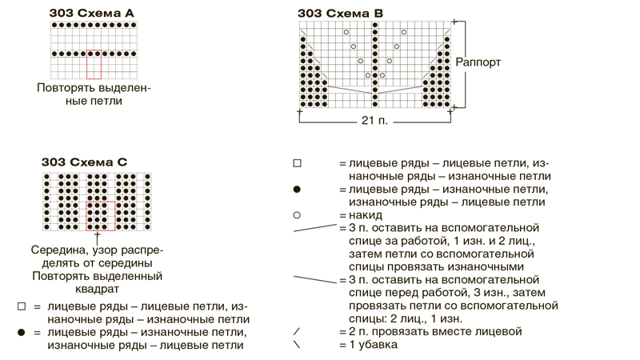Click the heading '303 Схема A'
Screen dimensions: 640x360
click(x=91, y=13)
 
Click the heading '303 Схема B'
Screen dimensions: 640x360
click(x=341, y=14)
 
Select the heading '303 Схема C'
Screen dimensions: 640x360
click(x=84, y=162)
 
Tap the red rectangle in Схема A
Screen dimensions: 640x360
click(x=94, y=65)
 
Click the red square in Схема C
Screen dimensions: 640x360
click(x=101, y=216)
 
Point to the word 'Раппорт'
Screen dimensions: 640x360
click(x=478, y=62)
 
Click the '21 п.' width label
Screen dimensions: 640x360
click(x=374, y=121)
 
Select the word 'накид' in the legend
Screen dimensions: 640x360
click(x=366, y=215)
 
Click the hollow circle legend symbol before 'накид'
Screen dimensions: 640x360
click(x=297, y=215)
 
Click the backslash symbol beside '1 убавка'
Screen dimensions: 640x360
click(x=297, y=344)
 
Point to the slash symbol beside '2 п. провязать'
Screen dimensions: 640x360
click(x=297, y=331)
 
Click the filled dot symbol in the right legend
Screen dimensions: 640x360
click(x=297, y=190)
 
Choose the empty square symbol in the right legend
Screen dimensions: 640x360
click(x=297, y=163)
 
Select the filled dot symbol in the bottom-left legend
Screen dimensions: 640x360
click(x=22, y=333)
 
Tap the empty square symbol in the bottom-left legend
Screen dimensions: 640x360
click(x=22, y=306)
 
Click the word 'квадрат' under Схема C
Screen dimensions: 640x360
click(x=97, y=290)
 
